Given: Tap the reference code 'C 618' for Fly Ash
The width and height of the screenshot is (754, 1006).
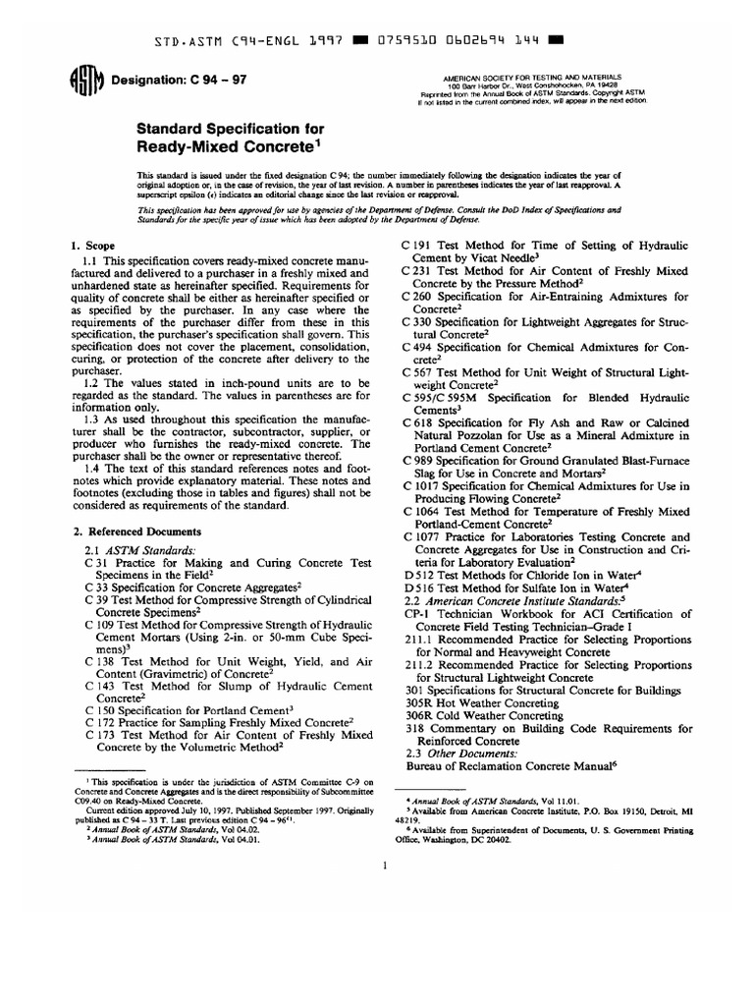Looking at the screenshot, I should pyautogui.click(x=419, y=422).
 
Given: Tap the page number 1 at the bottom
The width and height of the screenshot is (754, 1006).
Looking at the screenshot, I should pyautogui.click(x=386, y=865).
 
